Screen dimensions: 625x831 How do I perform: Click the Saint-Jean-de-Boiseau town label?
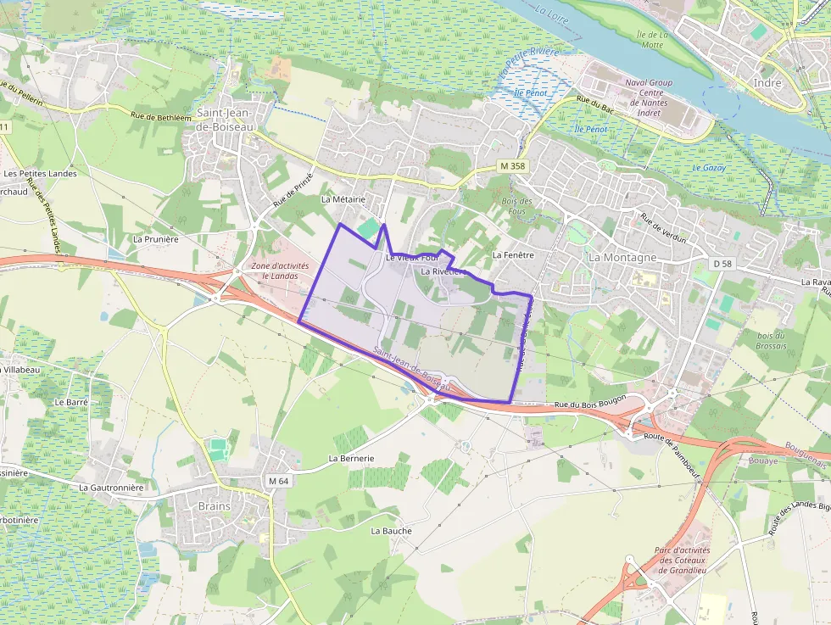(225, 119)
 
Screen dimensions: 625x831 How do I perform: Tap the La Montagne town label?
(622, 257)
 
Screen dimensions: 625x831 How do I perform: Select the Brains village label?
(214, 506)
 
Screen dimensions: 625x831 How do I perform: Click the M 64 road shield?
(278, 481)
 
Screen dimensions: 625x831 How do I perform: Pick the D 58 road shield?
(722, 265)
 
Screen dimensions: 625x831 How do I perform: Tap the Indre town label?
(767, 83)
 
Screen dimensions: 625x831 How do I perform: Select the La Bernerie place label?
(351, 458)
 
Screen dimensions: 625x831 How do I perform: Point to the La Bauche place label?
(391, 531)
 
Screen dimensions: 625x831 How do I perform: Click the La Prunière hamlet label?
(156, 239)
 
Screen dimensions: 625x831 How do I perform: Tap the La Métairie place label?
(343, 199)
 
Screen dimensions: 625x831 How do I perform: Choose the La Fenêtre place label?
(512, 254)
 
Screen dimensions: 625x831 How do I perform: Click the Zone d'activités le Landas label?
(280, 271)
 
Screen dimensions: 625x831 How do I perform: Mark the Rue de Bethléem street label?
(161, 115)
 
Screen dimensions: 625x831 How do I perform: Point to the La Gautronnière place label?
(111, 488)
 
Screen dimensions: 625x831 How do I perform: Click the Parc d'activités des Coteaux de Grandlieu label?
(682, 560)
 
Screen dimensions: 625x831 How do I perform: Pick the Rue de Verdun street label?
(663, 228)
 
